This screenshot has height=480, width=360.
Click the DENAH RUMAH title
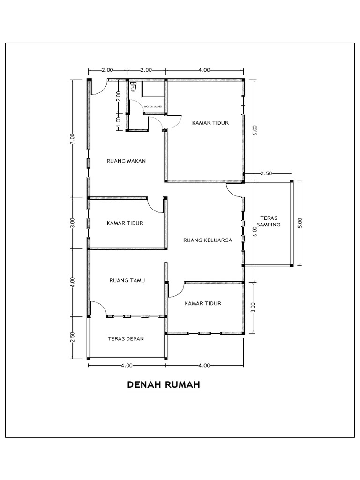(164, 385)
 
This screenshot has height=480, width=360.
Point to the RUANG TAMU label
(127, 281)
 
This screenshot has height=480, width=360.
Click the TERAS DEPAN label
(125, 338)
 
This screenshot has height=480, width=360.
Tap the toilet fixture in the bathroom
(133, 87)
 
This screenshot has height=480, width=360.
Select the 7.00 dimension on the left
(72, 139)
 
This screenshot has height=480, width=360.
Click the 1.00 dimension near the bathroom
(119, 120)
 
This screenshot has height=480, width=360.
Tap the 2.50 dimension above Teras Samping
(266, 173)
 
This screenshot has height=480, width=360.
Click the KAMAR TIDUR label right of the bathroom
(210, 123)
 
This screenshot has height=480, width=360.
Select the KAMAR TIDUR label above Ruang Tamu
(125, 223)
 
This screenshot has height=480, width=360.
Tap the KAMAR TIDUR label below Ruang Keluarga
(202, 303)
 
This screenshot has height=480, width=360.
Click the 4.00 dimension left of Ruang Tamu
(72, 282)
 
